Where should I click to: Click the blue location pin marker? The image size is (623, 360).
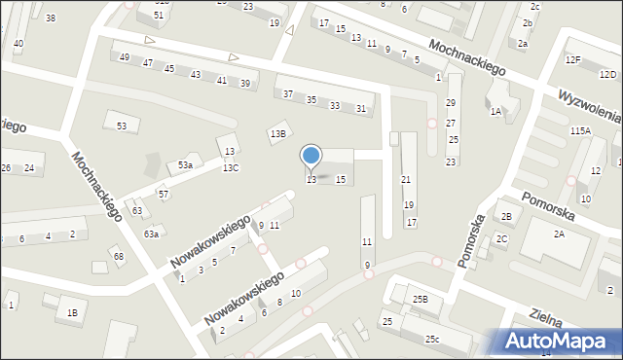click(x=311, y=156)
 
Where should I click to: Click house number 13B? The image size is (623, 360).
click(x=278, y=133)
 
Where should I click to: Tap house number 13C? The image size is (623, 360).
click(x=230, y=168)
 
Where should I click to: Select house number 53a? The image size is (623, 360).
click(x=184, y=165)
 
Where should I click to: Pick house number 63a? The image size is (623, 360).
click(x=151, y=234)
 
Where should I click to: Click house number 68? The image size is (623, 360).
click(x=119, y=256)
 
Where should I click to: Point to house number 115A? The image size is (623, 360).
click(x=580, y=130)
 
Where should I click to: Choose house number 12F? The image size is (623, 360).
click(x=572, y=60)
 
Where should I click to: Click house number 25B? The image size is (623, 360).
click(x=420, y=300)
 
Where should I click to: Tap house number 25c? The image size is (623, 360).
click(x=431, y=339)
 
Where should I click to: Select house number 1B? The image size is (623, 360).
click(x=71, y=312)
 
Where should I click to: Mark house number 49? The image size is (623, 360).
click(x=124, y=57)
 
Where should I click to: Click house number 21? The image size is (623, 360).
click(x=406, y=179)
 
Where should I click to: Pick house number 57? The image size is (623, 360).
click(x=164, y=195)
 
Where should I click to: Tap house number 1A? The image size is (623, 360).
click(x=495, y=112)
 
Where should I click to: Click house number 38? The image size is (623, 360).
click(x=51, y=18)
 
